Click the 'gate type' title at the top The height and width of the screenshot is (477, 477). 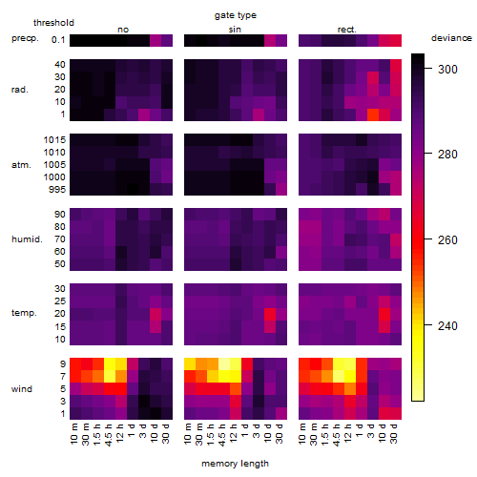236,15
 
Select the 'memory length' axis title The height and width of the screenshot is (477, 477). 236,464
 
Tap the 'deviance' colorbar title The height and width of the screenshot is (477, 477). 451,38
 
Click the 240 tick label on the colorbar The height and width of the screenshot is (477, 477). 447,325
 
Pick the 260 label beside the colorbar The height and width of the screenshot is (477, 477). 447,239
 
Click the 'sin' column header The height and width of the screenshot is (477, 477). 235,30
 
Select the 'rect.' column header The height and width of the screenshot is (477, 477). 347,30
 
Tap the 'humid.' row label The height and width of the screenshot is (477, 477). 27,239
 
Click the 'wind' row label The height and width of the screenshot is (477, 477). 22,389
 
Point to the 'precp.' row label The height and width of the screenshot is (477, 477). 25,38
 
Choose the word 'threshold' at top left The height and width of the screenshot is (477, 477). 53,23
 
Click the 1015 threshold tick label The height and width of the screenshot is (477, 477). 54,139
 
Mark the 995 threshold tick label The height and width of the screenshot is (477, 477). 57,190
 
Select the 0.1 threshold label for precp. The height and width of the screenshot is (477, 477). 58,40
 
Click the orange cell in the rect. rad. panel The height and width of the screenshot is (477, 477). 373,114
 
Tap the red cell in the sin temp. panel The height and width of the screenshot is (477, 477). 270,315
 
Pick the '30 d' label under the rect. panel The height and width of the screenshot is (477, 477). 394,434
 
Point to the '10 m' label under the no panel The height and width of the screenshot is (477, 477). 73,434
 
